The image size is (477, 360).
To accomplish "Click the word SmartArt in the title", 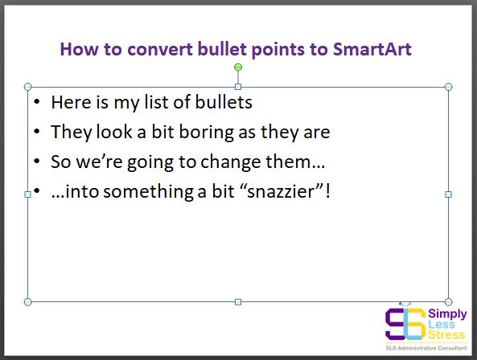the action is click(x=372, y=49).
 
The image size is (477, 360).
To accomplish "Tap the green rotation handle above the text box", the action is click(x=238, y=67).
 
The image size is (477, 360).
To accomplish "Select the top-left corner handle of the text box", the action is click(x=27, y=87).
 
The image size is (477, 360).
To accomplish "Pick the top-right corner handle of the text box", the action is click(x=448, y=87).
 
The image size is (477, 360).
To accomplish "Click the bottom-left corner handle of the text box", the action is click(x=27, y=302).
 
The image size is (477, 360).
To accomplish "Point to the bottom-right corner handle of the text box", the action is click(x=448, y=302).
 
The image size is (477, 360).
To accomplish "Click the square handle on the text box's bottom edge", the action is click(x=238, y=302).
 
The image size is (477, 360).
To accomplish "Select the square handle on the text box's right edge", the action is click(x=448, y=194).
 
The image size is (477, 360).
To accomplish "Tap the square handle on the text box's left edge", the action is click(x=27, y=194).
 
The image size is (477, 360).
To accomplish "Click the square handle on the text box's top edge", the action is click(x=238, y=87).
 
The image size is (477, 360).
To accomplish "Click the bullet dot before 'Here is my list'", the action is click(x=37, y=102).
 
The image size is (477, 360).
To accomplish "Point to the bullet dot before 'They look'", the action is click(x=37, y=132).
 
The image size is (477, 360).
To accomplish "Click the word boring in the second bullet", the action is click(x=206, y=133).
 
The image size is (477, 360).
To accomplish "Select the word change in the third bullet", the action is click(x=231, y=162).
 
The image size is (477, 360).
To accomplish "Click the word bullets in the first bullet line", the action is click(x=224, y=102).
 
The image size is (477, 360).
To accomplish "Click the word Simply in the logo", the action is click(x=447, y=313).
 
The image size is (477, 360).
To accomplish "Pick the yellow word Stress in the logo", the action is click(x=446, y=335).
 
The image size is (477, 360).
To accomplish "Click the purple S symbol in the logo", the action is click(x=396, y=324).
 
